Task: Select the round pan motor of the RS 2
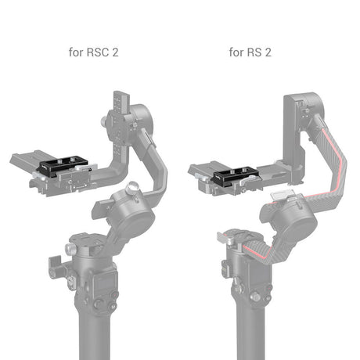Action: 290,225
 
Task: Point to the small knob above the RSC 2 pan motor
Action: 134,189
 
